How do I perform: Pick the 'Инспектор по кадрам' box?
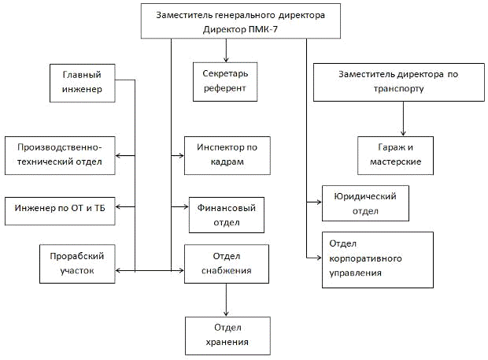point(227,155)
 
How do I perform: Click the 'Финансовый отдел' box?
point(226,214)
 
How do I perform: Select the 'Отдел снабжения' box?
point(227,264)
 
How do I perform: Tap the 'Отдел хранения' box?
point(227,335)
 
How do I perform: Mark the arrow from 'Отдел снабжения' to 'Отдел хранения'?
point(227,299)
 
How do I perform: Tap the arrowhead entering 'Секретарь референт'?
point(227,58)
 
